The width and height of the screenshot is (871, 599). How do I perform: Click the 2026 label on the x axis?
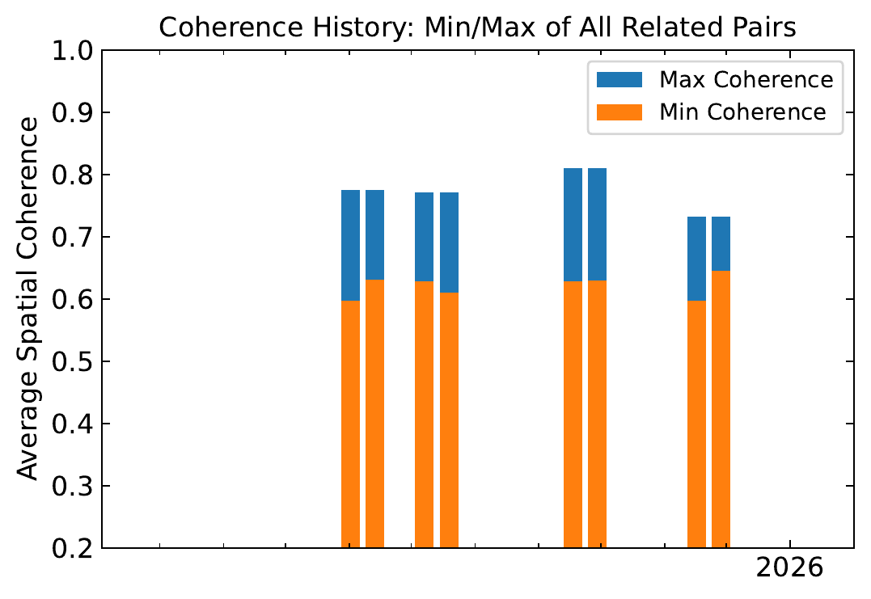tap(789, 567)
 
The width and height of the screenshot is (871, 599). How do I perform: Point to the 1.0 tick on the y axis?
tap(72, 51)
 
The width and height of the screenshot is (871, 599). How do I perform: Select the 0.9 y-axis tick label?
tap(72, 113)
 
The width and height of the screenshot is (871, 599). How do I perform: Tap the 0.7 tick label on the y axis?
tap(72, 238)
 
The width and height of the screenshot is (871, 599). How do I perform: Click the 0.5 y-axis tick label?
tap(72, 362)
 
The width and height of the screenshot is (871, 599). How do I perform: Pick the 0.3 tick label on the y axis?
tap(72, 487)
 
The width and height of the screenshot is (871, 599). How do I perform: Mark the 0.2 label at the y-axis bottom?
tap(72, 548)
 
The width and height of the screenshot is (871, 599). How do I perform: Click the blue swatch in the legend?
tap(619, 80)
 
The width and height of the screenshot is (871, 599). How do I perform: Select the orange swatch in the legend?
tap(619, 112)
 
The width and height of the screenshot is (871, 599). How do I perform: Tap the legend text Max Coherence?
tap(746, 80)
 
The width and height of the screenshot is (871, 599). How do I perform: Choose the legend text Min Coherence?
tap(743, 112)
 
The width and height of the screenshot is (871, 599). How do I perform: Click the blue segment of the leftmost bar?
tap(350, 245)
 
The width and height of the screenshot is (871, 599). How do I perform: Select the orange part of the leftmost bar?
tap(350, 424)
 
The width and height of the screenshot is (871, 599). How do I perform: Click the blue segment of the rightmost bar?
tap(721, 243)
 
